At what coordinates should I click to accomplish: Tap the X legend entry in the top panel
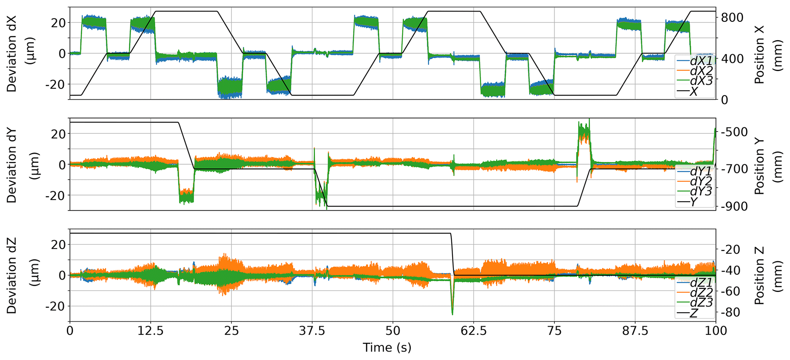pos(694,92)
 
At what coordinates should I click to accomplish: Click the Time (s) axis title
pos(387,348)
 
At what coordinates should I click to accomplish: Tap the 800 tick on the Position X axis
pos(732,18)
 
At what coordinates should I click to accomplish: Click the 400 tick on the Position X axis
pos(732,59)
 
